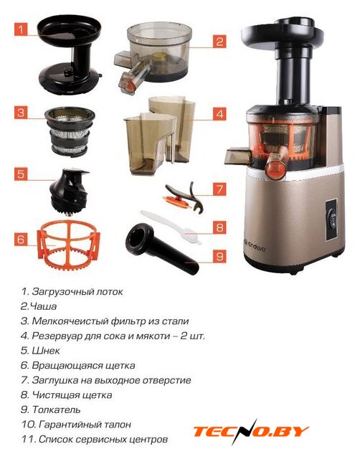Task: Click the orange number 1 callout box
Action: click(x=21, y=29)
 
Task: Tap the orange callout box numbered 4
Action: click(x=220, y=113)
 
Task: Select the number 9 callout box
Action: click(x=220, y=256)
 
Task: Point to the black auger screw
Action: click(x=69, y=191)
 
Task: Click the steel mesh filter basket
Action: click(x=70, y=131)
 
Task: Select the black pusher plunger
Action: click(x=161, y=248)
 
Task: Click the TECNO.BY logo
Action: click(x=251, y=431)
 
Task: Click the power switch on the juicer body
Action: click(x=331, y=219)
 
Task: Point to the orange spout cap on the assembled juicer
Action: click(x=275, y=170)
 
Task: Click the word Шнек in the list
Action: click(x=46, y=351)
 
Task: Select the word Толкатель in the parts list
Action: click(x=56, y=410)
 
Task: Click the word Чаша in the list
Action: click(x=43, y=306)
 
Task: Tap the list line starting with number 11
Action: click(x=95, y=439)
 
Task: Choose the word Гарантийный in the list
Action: click(x=70, y=425)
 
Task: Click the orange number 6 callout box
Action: click(x=21, y=239)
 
